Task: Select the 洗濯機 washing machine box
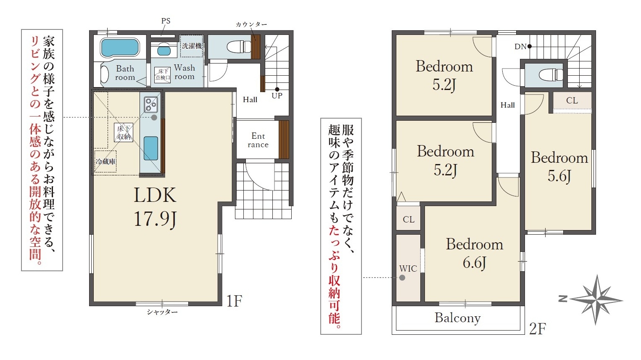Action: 191,46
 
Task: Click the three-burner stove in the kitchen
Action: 151,105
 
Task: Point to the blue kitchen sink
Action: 150,148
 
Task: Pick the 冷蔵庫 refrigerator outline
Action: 106,161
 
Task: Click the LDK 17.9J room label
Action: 155,207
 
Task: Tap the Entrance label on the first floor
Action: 258,140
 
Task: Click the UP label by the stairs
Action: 277,95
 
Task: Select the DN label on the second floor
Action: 520,47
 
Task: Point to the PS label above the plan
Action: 166,21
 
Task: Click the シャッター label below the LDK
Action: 162,312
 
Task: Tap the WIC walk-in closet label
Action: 408,269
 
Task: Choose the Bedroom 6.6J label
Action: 475,253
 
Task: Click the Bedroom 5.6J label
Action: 559,167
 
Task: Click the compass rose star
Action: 596,299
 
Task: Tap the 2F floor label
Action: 538,329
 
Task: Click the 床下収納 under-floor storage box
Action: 124,132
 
